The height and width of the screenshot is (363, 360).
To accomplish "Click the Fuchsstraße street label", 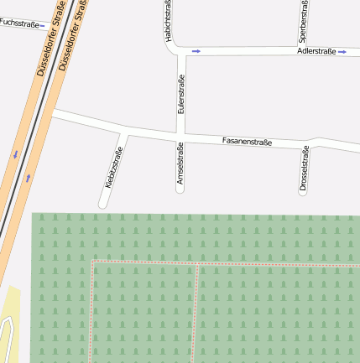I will pos(18,23).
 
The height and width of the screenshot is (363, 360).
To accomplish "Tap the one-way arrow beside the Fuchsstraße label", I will pos(43,25).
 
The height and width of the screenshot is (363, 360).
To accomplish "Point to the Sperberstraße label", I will pos(303,21).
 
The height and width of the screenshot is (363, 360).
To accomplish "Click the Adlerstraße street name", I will pos(316,51).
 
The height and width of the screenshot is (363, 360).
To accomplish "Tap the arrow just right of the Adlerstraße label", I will pos(342,51).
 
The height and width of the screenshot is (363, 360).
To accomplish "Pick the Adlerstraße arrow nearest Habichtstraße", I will pos(196,51).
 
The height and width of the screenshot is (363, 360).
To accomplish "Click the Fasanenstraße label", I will pos(247,142).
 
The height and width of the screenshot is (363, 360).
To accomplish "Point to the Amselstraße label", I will pos(180,163).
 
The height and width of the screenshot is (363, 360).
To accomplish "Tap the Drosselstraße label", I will pos(304,170).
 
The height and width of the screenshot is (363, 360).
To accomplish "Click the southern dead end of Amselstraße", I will pos(180,189).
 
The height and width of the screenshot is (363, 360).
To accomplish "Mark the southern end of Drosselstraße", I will pos(303,192).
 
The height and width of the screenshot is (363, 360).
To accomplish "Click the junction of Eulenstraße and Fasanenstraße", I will pos(180,132).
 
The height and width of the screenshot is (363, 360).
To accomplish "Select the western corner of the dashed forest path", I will pos(91,262).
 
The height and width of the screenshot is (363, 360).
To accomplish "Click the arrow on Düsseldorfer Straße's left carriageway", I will pos(15,154).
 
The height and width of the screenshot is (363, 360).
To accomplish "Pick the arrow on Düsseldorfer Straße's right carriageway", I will pos(28,177).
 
